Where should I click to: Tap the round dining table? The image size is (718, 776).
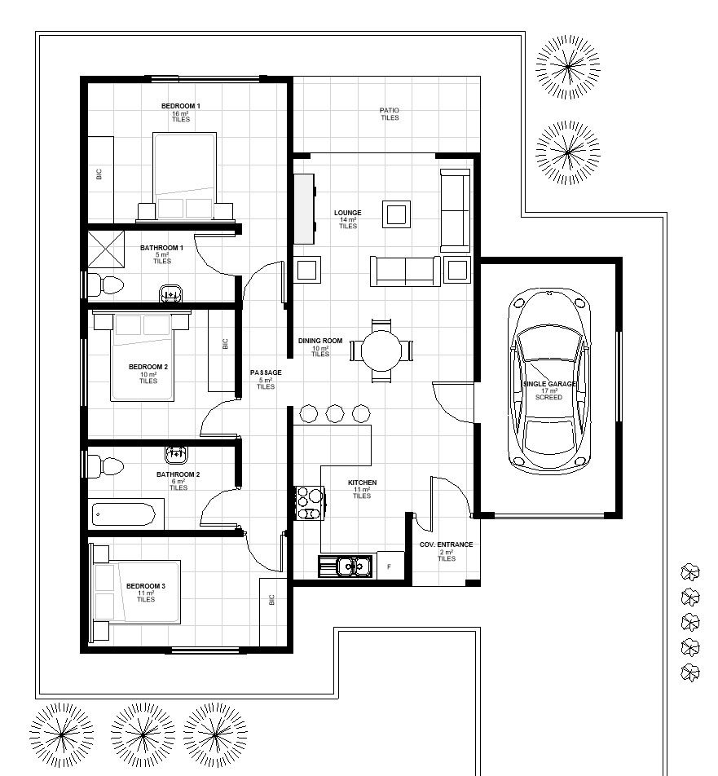[381, 351]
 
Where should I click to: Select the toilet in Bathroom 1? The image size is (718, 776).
[105, 285]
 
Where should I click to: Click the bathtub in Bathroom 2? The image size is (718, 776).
[124, 514]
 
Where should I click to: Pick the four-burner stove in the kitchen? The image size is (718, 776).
[310, 503]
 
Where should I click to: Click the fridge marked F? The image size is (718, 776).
[390, 565]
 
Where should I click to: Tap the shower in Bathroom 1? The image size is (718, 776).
[105, 249]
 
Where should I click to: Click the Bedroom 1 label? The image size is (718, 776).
[181, 106]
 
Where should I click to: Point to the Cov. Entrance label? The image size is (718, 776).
[447, 545]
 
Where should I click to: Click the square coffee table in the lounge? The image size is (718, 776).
[396, 214]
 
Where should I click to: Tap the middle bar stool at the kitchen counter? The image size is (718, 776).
[335, 413]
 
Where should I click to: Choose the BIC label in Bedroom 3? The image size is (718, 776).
[271, 600]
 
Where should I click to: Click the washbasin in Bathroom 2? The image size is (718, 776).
[176, 454]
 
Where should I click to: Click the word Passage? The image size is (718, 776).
[266, 373]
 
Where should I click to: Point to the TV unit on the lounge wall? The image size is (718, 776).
[304, 209]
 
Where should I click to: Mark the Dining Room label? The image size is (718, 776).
[320, 341]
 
